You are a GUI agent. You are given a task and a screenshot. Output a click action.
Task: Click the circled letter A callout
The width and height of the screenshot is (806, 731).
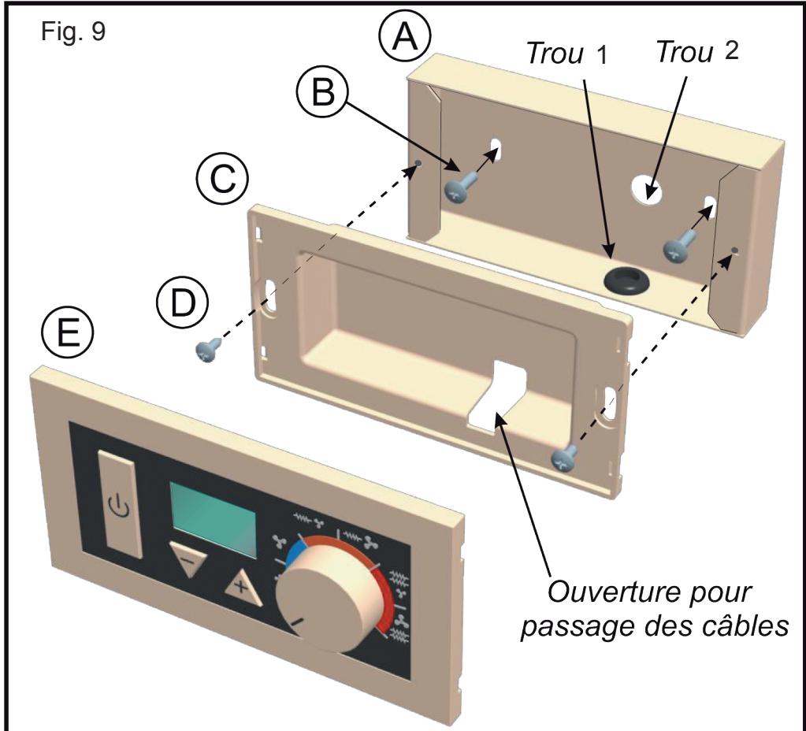tap(404, 36)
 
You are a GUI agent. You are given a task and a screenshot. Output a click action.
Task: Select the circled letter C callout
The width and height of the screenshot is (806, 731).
tap(222, 179)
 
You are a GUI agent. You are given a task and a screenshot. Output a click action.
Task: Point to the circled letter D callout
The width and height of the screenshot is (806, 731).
tap(183, 303)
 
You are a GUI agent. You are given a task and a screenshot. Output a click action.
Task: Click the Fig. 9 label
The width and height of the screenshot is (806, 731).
tap(73, 32)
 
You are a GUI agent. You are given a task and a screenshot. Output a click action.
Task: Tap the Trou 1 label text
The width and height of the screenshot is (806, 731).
tap(567, 54)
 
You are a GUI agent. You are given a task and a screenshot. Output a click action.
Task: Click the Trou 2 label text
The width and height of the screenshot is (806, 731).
tap(697, 51)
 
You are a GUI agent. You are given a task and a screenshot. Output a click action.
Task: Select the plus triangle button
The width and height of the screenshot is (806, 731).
tap(243, 588)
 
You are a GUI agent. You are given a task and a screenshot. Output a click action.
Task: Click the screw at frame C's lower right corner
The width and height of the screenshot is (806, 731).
tap(564, 457)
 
